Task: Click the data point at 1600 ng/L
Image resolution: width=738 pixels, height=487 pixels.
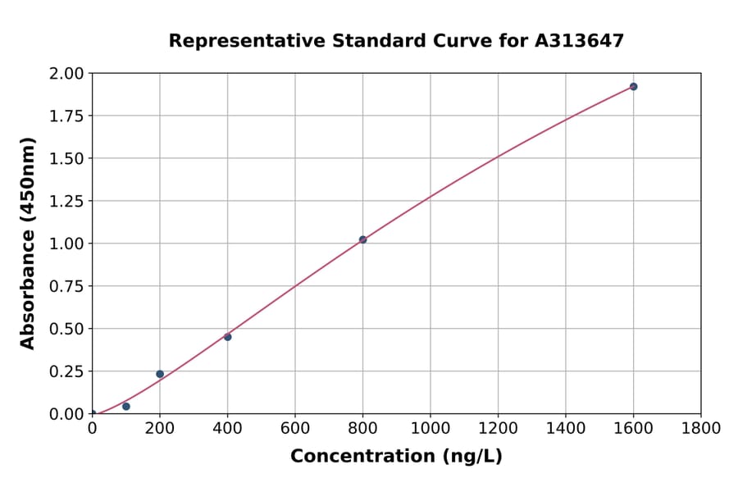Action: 633,86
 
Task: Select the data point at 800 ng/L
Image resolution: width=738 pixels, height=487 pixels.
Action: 362,239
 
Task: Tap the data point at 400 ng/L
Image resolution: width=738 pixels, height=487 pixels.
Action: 227,337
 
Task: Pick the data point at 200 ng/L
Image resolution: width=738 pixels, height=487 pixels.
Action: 160,374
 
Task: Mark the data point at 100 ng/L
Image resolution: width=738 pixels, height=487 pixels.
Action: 125,407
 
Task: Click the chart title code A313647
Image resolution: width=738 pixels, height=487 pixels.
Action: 580,40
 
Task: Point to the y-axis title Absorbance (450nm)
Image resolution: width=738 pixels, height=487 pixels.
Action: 28,243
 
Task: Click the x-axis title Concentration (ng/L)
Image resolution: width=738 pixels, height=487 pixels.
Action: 396,456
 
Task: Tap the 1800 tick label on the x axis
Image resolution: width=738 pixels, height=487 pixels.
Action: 701,428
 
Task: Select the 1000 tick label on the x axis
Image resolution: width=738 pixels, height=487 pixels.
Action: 430,428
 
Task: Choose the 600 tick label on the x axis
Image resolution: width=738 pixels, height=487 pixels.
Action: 295,428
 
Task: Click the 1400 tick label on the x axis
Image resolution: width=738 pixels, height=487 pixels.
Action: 566,428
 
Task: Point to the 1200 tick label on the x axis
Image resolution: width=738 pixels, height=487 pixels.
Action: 498,428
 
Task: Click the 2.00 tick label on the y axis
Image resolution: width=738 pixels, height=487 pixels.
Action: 66,74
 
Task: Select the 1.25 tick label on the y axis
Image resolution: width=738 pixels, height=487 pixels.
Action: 66,201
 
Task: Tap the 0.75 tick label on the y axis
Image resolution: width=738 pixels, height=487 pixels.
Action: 66,286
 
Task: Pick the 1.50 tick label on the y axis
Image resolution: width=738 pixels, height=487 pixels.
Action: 66,158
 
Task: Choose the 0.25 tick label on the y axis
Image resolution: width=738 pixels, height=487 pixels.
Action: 66,371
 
